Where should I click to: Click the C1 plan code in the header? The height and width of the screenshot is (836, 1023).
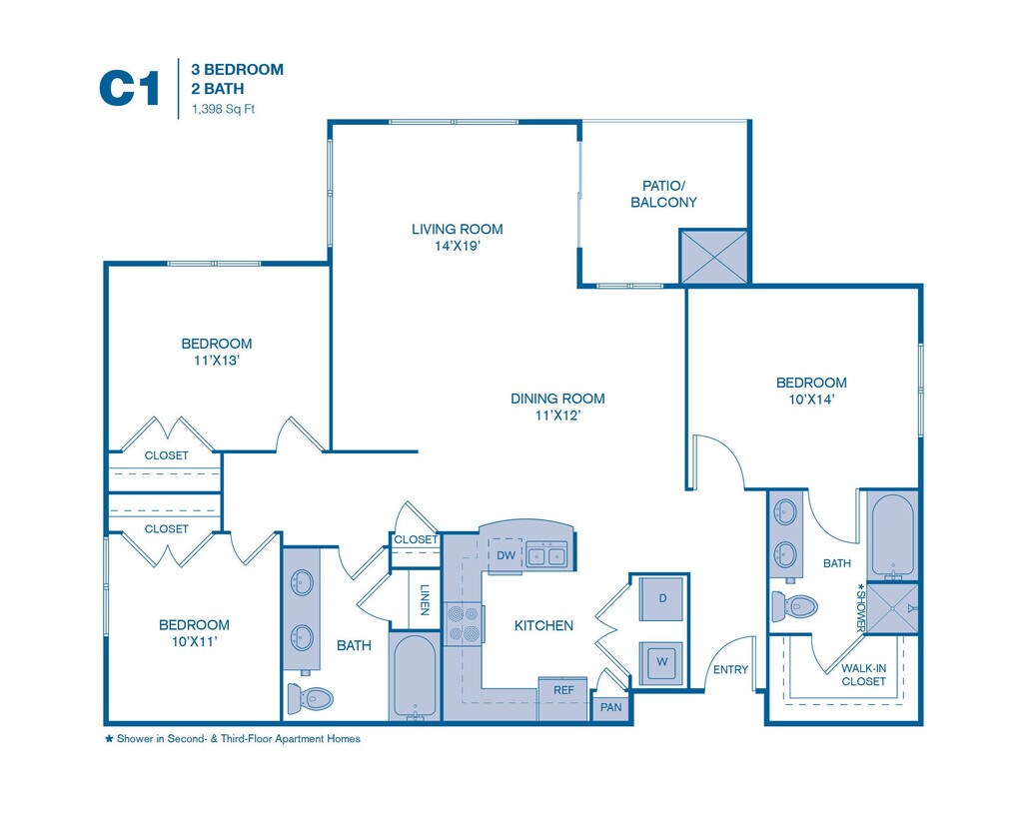129,88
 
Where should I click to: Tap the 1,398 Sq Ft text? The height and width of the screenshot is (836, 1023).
217,109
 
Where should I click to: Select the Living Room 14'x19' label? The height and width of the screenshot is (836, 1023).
457,237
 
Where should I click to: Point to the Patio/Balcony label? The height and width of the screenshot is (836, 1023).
663,194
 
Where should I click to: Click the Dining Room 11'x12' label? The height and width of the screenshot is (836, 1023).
557,407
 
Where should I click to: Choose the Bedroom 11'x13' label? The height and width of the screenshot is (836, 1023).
217,353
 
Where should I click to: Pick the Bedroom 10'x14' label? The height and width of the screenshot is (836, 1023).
811,391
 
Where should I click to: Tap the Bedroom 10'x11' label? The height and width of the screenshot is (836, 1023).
194,633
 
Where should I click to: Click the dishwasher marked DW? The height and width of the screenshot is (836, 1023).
506,555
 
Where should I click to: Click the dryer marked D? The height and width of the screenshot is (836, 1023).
662,598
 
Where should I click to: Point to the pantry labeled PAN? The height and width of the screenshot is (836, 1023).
609,707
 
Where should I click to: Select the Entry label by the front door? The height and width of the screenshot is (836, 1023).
729,669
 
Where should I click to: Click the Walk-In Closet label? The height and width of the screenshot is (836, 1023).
863,674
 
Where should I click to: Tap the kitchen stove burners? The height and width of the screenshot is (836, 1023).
464,623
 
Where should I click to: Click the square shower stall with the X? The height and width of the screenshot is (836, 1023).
891,607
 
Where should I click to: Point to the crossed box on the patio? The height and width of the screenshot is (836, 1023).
713,256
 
